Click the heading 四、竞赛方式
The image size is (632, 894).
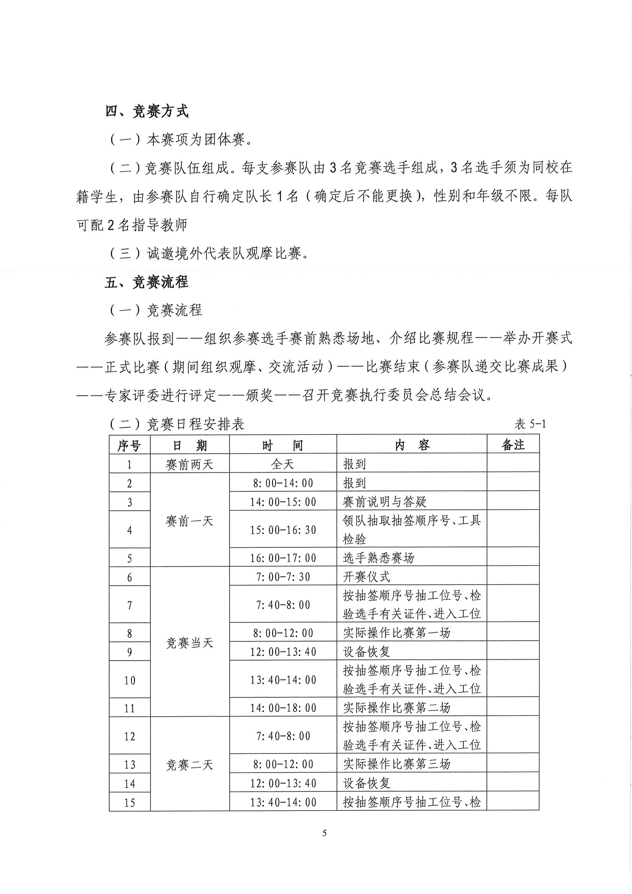(x=147, y=111)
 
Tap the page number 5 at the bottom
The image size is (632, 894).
(x=325, y=833)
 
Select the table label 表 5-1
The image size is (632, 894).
(x=530, y=424)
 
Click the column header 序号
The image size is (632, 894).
(x=129, y=445)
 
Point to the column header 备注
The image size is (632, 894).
(x=513, y=445)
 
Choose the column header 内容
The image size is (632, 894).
(x=412, y=445)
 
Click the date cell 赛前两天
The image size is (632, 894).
(x=189, y=464)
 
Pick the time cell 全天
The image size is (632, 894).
(x=283, y=464)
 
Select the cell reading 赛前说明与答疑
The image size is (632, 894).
(x=384, y=502)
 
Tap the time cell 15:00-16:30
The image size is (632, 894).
(x=283, y=530)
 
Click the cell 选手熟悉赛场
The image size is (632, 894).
(x=379, y=558)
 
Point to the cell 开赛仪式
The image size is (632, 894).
(x=366, y=577)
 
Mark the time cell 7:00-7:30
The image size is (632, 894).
(x=283, y=577)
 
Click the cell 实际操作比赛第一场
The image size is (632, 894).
(x=397, y=633)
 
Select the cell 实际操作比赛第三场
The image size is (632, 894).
(x=397, y=764)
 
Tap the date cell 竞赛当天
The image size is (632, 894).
(x=189, y=643)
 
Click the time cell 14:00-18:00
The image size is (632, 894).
(x=283, y=708)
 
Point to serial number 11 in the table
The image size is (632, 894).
(x=129, y=708)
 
